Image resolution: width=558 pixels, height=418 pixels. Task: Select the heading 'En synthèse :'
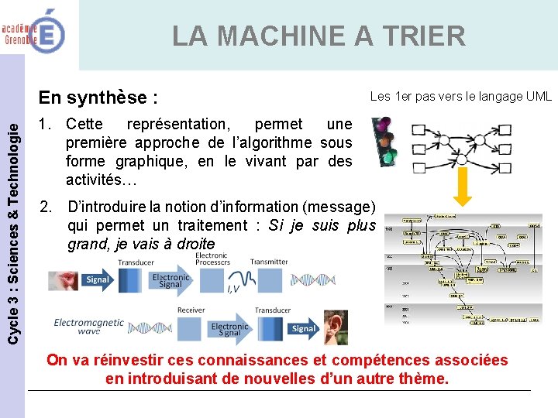(x=98, y=98)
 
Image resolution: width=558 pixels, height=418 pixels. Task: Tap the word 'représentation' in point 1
(x=177, y=124)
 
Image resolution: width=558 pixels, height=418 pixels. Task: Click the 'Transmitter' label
(x=269, y=262)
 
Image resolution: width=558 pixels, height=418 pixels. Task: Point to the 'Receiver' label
(x=191, y=310)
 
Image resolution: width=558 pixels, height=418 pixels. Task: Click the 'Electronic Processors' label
(x=212, y=259)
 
